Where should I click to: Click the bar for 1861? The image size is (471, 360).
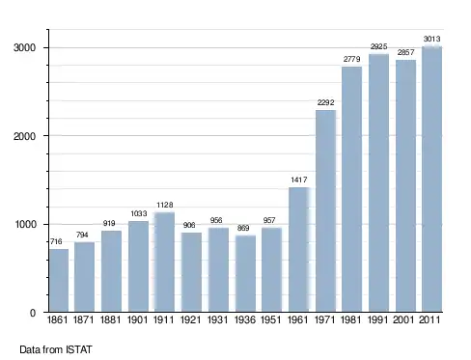(59, 280)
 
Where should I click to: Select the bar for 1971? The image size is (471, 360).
(325, 211)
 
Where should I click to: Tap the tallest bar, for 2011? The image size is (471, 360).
(431, 180)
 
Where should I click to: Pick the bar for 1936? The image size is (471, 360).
(245, 273)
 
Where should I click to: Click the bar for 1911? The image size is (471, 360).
(164, 262)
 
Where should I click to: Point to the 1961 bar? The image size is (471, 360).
(299, 249)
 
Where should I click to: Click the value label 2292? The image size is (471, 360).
(325, 102)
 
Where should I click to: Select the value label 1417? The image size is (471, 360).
(299, 180)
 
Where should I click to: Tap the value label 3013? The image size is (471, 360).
(431, 39)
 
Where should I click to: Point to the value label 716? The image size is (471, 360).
(56, 241)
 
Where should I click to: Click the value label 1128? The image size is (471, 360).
(165, 205)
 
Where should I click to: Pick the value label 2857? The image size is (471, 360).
(405, 52)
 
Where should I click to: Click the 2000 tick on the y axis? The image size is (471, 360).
(24, 136)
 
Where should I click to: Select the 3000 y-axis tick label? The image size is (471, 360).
(24, 48)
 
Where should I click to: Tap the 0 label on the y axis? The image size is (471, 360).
(33, 313)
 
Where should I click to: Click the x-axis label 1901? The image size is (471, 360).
(137, 319)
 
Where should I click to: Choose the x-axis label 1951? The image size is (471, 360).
(270, 319)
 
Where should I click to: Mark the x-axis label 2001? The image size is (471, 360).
(403, 319)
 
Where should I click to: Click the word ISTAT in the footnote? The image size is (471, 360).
(79, 349)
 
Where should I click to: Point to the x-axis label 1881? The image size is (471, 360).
(110, 319)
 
